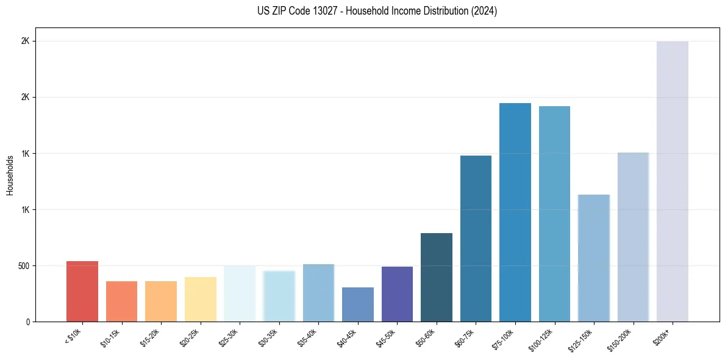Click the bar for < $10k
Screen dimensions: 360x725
click(x=82, y=292)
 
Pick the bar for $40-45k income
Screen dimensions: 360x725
click(x=357, y=304)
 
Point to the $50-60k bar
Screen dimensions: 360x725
click(x=436, y=277)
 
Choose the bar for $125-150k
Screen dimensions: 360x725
click(x=593, y=258)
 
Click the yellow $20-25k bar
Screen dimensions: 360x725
click(x=200, y=299)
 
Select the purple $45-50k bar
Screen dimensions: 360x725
click(x=397, y=294)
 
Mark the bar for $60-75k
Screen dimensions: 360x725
click(x=476, y=239)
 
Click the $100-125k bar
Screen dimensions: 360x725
click(x=554, y=214)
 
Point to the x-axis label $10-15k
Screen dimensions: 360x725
click(x=110, y=337)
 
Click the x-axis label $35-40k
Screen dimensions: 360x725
click(x=307, y=337)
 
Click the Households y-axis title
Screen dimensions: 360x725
click(x=10, y=175)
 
